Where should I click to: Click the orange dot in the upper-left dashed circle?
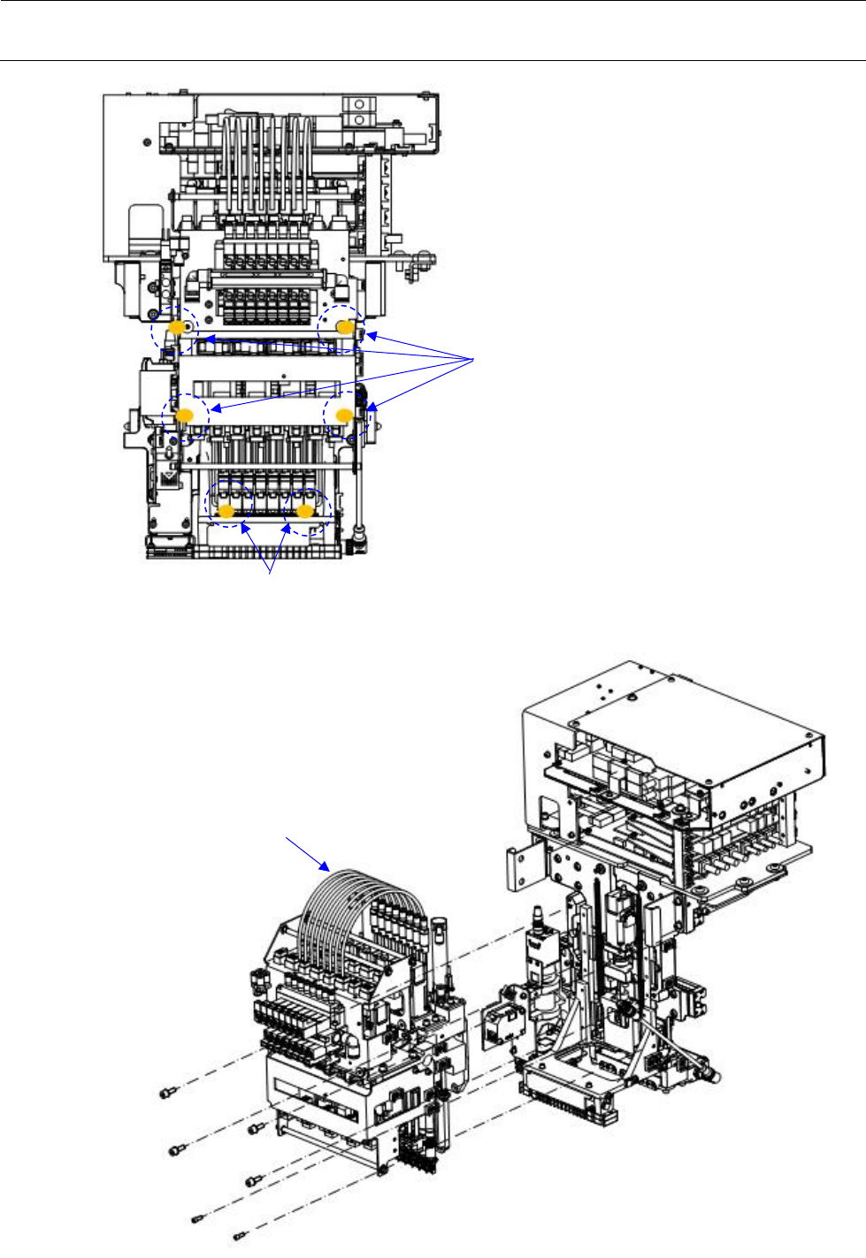click(177, 328)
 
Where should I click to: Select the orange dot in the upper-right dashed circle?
click(345, 327)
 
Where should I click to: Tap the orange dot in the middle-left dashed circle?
click(185, 416)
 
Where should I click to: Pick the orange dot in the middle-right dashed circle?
click(345, 414)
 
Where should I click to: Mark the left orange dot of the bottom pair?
click(226, 511)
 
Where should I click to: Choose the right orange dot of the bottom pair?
click(305, 511)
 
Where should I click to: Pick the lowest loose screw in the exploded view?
click(238, 1235)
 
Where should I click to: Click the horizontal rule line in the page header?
click(433, 61)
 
